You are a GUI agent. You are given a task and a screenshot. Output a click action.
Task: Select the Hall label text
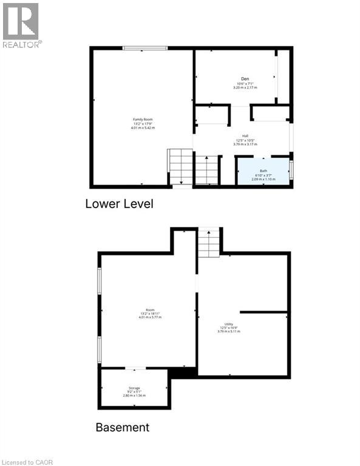coord(245,135)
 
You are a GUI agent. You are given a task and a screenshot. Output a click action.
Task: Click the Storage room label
coord(134,388)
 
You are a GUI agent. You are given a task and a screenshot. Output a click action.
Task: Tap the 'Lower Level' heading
coord(119,204)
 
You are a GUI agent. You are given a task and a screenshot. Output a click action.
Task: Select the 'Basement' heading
coord(122,427)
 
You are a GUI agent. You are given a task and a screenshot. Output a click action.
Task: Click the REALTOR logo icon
coord(21,22)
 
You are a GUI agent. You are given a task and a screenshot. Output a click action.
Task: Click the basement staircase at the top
coord(209,243)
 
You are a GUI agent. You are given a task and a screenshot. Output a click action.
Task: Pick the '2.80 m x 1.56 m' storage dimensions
coord(134,396)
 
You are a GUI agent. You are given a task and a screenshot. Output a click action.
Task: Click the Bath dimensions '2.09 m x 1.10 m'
coord(263,180)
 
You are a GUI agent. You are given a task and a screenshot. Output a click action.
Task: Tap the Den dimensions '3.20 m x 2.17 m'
coord(245,88)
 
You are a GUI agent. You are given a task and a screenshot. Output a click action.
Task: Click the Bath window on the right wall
coord(291,169)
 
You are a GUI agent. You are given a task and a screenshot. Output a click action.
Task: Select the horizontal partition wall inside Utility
coord(263,312)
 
